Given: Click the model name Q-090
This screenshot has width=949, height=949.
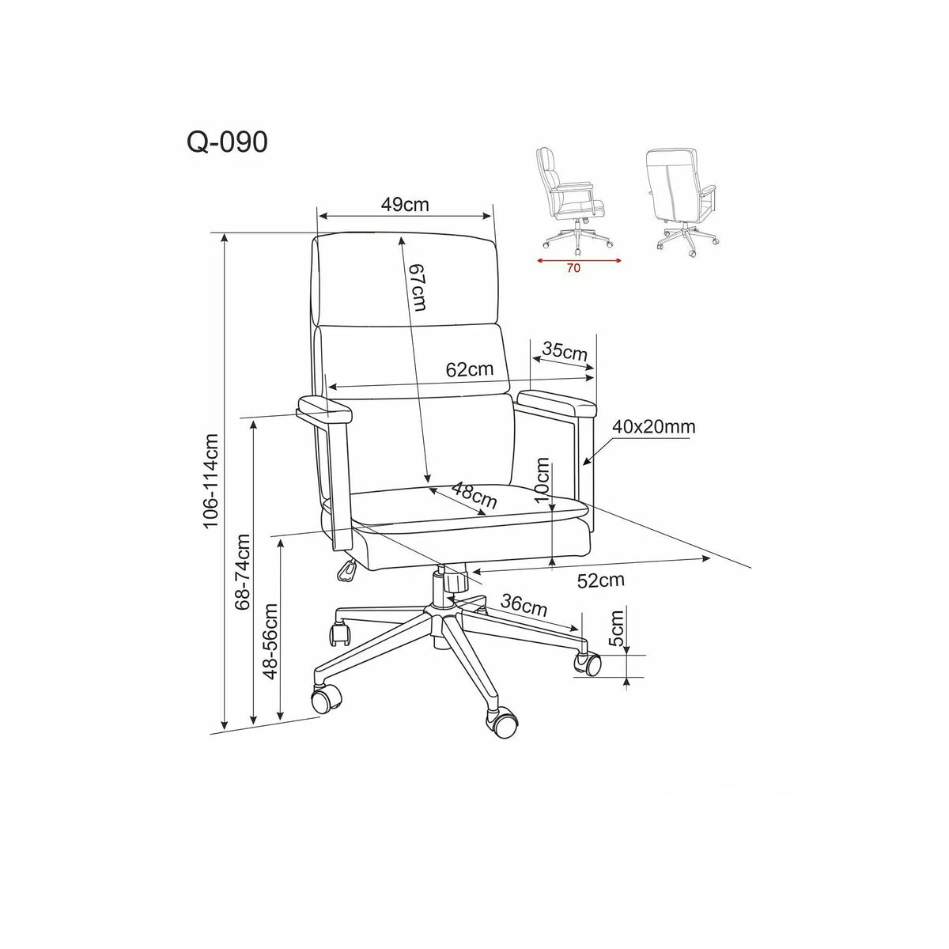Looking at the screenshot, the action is point(227,142).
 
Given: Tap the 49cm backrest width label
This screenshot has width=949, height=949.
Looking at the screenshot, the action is point(405,204).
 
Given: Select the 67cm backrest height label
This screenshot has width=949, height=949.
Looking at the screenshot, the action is point(417,287).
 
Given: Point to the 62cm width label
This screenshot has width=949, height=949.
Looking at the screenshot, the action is point(469,369).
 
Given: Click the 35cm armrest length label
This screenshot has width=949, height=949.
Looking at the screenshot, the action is point(565,351).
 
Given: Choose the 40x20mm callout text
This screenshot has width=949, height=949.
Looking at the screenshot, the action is point(653,426).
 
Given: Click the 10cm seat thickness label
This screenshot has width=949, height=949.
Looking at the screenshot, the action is point(542,479).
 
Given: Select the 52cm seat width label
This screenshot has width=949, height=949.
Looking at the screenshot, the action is point(600,580).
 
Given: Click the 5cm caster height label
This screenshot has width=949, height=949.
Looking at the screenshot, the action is point(615,628).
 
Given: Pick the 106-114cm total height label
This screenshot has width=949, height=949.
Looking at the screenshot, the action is point(211,481).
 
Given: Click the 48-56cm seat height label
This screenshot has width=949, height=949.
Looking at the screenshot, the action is point(271,641).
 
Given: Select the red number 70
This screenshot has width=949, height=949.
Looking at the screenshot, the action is point(573,268).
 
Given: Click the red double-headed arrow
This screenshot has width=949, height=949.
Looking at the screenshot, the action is point(579,260).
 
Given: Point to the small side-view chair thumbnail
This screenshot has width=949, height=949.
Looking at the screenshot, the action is point(574,197).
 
